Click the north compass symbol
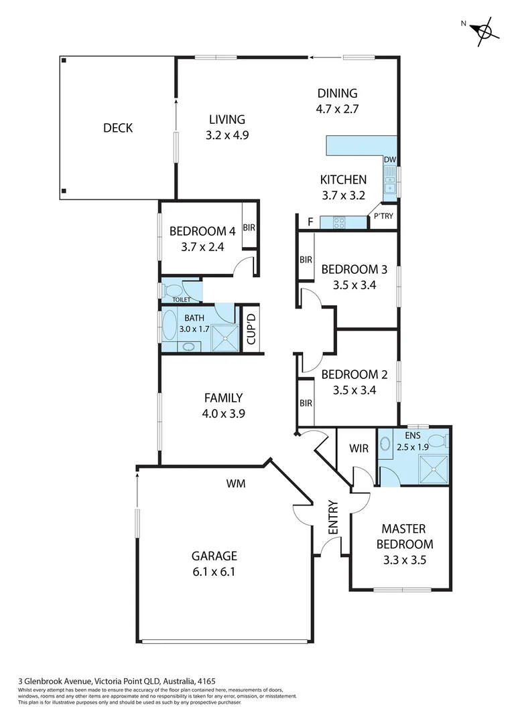[483, 30]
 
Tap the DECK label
[117, 128]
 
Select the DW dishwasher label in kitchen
[389, 160]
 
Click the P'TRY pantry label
[383, 216]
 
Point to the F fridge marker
[309, 222]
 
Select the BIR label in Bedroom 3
[306, 260]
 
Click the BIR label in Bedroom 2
[306, 403]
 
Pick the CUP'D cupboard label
[251, 329]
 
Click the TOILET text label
[181, 299]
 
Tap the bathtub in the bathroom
[170, 327]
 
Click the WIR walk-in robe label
[359, 449]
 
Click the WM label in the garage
[235, 483]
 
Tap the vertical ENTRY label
[332, 517]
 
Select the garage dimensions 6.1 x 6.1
[214, 572]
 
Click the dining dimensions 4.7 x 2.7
[338, 109]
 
